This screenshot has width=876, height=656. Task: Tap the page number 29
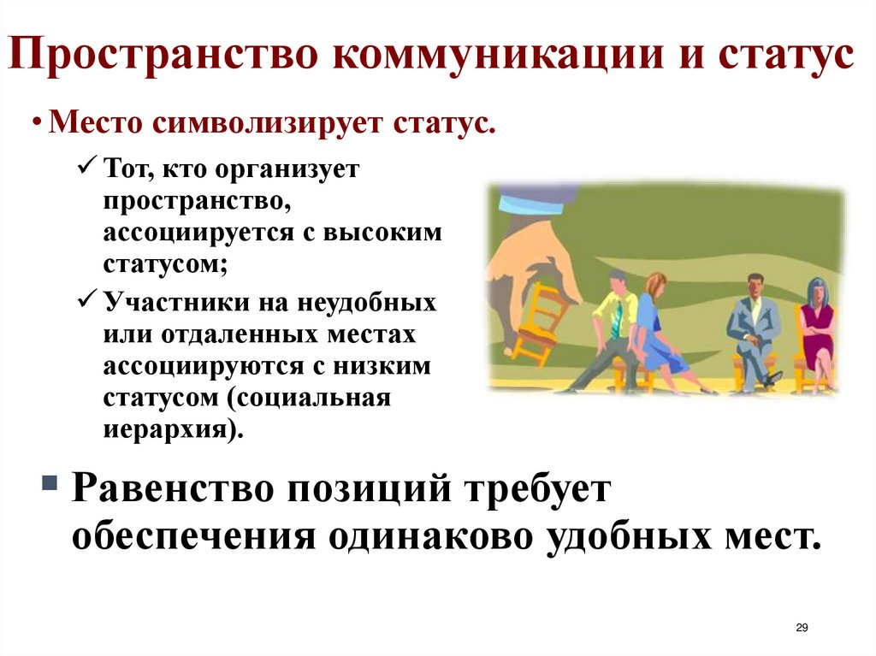(x=802, y=628)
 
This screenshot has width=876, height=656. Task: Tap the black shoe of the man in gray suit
(x=772, y=377)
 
